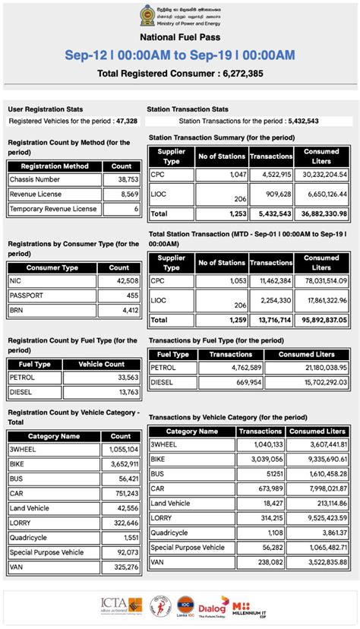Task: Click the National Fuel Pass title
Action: click(x=179, y=36)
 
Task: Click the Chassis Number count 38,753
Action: click(x=124, y=179)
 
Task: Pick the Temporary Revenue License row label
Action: click(x=53, y=208)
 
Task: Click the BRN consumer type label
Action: click(x=16, y=310)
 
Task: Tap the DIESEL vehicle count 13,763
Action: click(x=124, y=392)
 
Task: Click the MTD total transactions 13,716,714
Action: click(x=271, y=320)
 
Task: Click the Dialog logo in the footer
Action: click(x=213, y=608)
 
